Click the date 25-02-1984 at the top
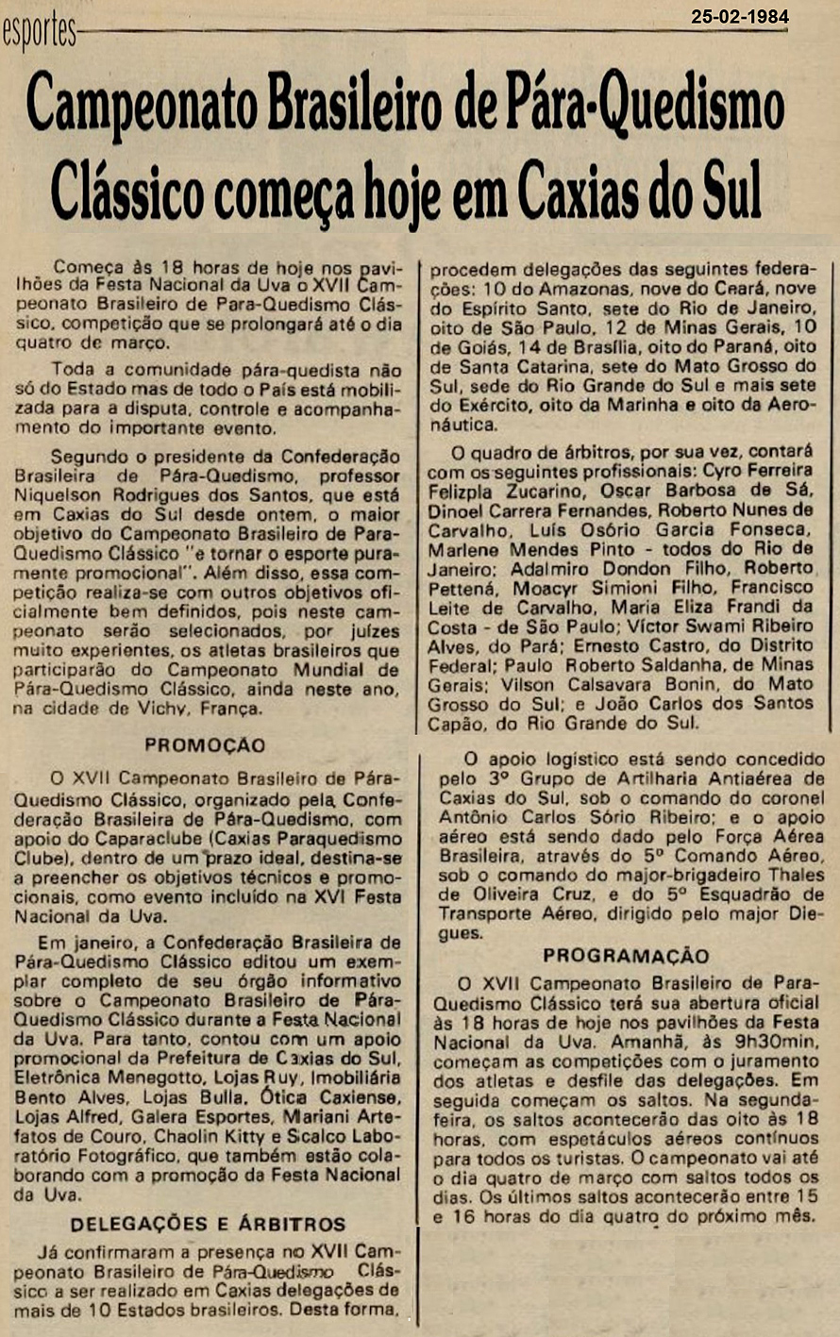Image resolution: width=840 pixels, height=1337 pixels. coord(739,16)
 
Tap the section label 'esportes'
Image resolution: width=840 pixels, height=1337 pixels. coord(39,35)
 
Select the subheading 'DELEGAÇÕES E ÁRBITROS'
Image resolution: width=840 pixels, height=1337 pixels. coord(208,1225)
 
